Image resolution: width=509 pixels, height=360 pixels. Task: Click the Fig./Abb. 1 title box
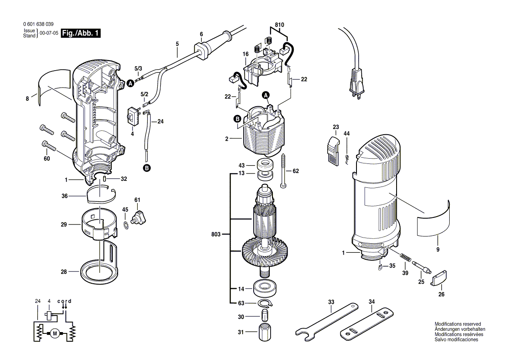tap(81, 33)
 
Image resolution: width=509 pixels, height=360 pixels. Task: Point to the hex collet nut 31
tap(264, 332)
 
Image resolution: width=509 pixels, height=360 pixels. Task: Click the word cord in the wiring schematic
tap(64, 301)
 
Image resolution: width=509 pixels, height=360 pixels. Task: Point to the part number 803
tap(216, 234)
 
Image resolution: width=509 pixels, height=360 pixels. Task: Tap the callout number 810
tap(279, 25)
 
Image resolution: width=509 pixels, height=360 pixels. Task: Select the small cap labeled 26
tap(438, 278)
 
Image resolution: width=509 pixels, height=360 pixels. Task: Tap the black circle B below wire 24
tap(147, 168)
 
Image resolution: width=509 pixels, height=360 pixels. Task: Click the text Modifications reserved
tap(458, 324)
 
